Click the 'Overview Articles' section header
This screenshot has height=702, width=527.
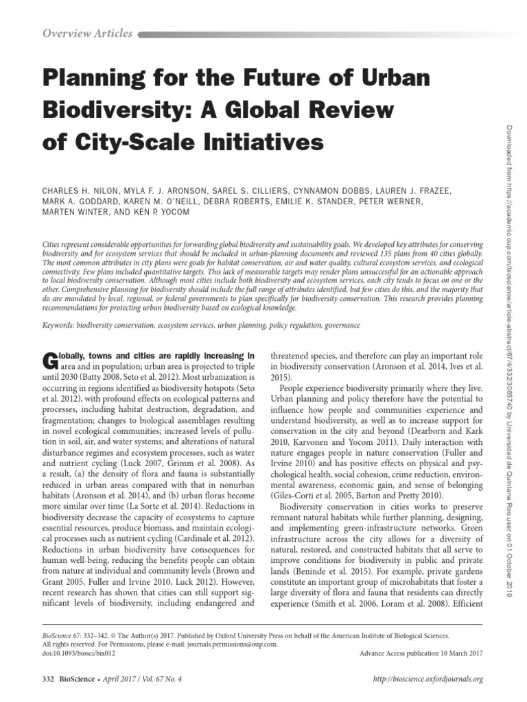(x=88, y=34)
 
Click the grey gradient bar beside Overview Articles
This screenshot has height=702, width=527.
(x=309, y=34)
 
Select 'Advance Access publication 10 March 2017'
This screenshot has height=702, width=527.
(x=421, y=653)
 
